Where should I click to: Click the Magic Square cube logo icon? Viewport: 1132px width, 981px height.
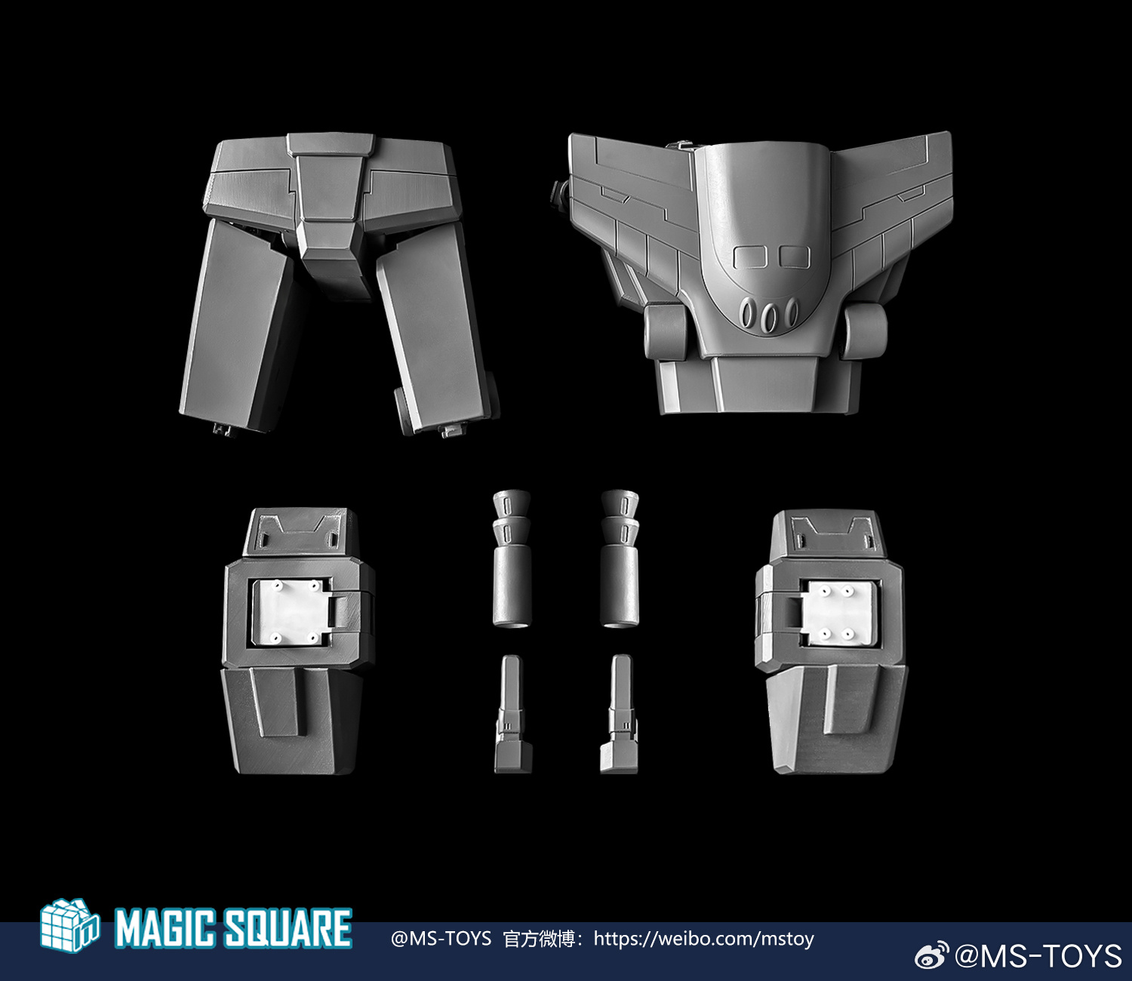pos(69,925)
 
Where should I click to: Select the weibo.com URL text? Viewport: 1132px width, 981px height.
pos(704,939)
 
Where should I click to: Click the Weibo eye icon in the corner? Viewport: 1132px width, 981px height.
pos(932,955)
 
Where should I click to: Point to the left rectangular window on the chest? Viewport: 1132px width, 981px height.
pos(749,257)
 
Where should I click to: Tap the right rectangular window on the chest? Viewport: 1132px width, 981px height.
pos(794,257)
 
